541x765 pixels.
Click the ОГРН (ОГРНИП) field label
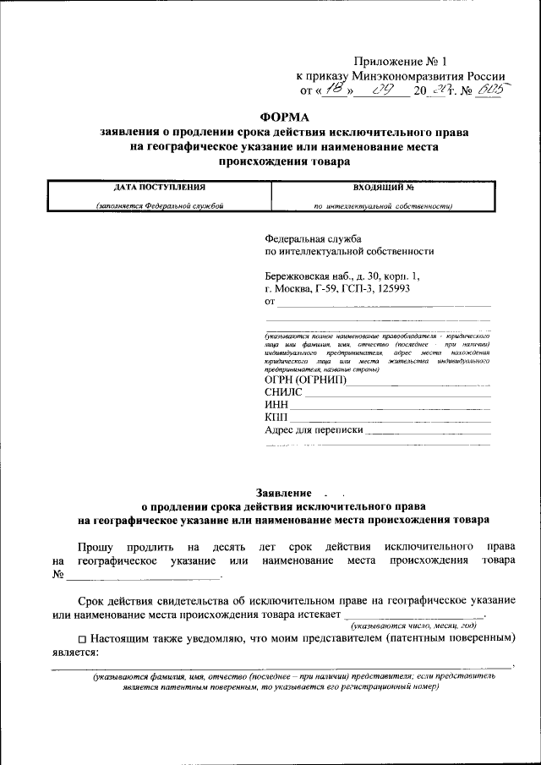[x=305, y=380]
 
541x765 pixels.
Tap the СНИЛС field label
[x=283, y=392]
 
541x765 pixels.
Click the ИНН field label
[x=276, y=405]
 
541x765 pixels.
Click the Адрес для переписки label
[x=314, y=429]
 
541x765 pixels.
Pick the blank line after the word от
[x=385, y=302]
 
